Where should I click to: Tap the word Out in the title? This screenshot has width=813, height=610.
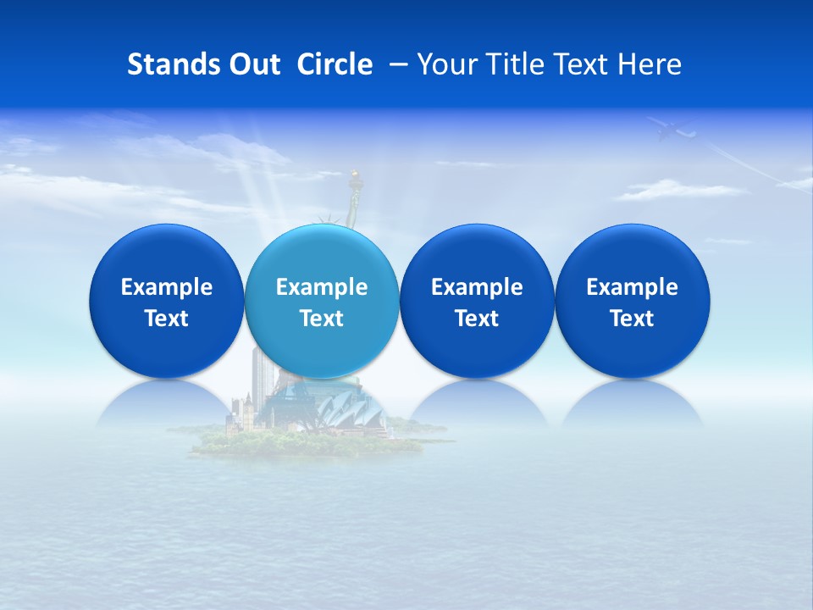252,64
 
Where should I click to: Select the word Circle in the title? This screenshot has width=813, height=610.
335,64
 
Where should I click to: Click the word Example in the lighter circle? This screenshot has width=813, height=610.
321,287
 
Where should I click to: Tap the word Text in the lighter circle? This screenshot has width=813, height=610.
321,319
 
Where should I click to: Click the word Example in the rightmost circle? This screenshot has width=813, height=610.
632,287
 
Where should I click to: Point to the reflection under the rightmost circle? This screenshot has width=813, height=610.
632,404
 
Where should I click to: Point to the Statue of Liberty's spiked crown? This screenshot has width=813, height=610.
324,219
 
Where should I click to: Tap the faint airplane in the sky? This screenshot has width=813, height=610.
672,130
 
